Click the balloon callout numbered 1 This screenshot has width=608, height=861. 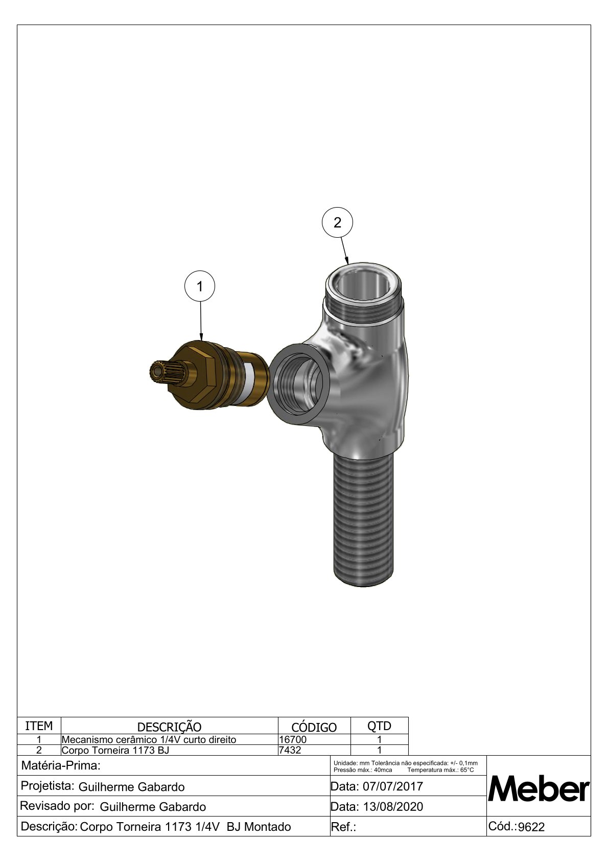tap(200, 286)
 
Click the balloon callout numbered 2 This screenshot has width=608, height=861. tap(337, 222)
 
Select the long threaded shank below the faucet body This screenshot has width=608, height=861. tap(363, 520)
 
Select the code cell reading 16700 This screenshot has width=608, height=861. tap(293, 739)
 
